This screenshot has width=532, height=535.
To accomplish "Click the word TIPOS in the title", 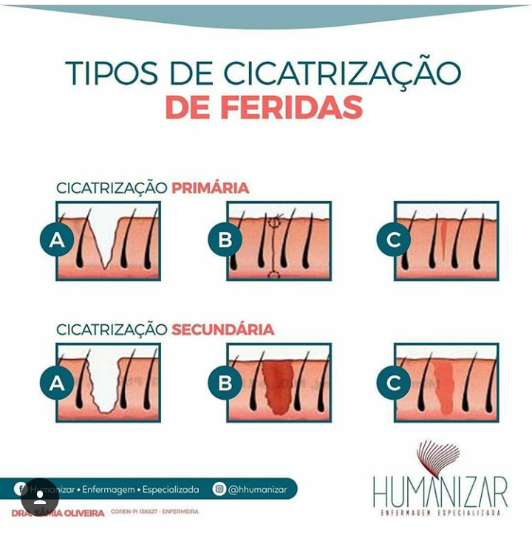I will [110, 73].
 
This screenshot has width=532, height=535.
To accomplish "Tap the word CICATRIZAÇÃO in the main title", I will [342, 73].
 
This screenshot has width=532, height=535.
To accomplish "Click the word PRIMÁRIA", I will [210, 188].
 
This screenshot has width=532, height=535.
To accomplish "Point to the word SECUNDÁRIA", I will [222, 330].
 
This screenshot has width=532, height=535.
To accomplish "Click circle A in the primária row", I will [57, 239].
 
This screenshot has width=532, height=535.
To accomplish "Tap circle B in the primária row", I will [225, 239].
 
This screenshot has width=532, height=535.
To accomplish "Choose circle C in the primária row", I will [393, 239].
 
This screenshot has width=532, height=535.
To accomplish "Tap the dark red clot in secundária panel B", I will [278, 386].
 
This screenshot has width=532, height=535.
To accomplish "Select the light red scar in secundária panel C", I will [445, 387].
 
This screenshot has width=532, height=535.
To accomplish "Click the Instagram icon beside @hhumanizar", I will [219, 488].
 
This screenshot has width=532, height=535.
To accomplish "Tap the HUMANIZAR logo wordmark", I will [440, 491].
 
